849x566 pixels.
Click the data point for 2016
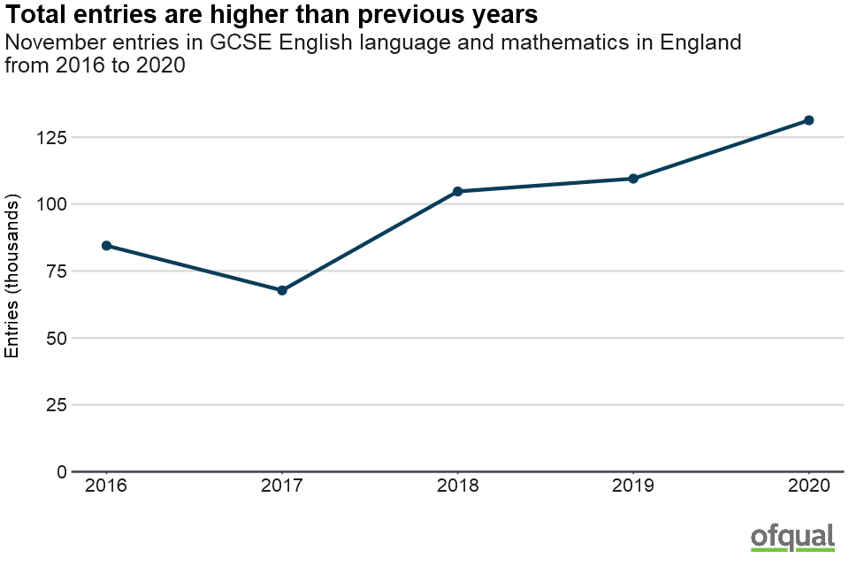pyautogui.click(x=106, y=245)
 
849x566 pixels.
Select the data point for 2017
pyautogui.click(x=282, y=290)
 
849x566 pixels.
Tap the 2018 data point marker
pyautogui.click(x=457, y=191)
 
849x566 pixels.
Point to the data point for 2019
pyautogui.click(x=633, y=179)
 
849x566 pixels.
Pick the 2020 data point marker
pyautogui.click(x=808, y=120)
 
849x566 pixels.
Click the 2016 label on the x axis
pyautogui.click(x=106, y=486)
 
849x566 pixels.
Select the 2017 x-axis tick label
pyautogui.click(x=282, y=486)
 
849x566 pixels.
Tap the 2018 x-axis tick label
pyautogui.click(x=457, y=486)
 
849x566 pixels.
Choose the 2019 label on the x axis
pyautogui.click(x=633, y=486)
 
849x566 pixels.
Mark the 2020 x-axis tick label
pyautogui.click(x=808, y=486)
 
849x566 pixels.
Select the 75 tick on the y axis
pyautogui.click(x=56, y=272)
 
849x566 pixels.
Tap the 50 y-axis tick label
pyautogui.click(x=56, y=338)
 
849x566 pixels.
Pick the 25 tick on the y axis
pyautogui.click(x=56, y=405)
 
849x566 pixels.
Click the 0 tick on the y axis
pyautogui.click(x=61, y=471)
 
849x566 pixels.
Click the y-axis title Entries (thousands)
pyautogui.click(x=12, y=279)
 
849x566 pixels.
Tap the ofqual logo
pyautogui.click(x=792, y=537)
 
